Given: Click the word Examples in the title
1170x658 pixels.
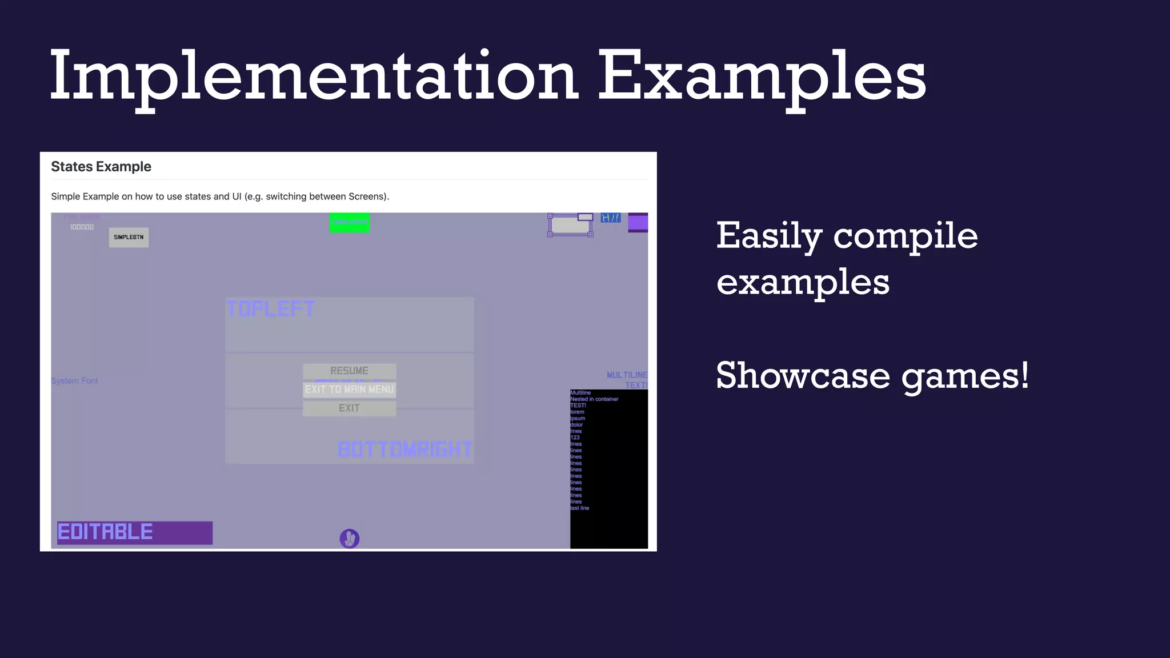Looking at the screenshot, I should point(761,77).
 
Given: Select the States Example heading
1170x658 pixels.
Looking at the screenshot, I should point(101,167).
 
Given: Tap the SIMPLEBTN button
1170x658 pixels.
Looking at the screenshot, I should point(129,237).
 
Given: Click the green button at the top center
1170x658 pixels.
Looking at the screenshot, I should point(349,222).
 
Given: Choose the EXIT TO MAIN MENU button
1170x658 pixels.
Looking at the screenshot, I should point(349,390).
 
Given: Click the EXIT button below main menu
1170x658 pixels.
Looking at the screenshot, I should point(349,408).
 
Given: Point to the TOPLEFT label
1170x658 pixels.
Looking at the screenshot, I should point(270,309).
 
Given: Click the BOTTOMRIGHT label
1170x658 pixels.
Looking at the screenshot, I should point(405,450).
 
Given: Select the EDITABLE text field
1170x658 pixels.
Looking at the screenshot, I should point(135,532).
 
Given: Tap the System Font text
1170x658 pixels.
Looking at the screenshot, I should point(74,381).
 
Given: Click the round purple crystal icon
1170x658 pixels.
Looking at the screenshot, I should point(349,538).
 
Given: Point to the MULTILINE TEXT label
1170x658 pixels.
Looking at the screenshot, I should point(627,380).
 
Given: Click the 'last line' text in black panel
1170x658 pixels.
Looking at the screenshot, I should point(580,508).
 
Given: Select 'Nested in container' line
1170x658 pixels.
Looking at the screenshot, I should point(594,399).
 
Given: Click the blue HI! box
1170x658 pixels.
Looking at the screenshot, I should point(610,218).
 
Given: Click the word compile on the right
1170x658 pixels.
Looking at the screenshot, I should point(905,236).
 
